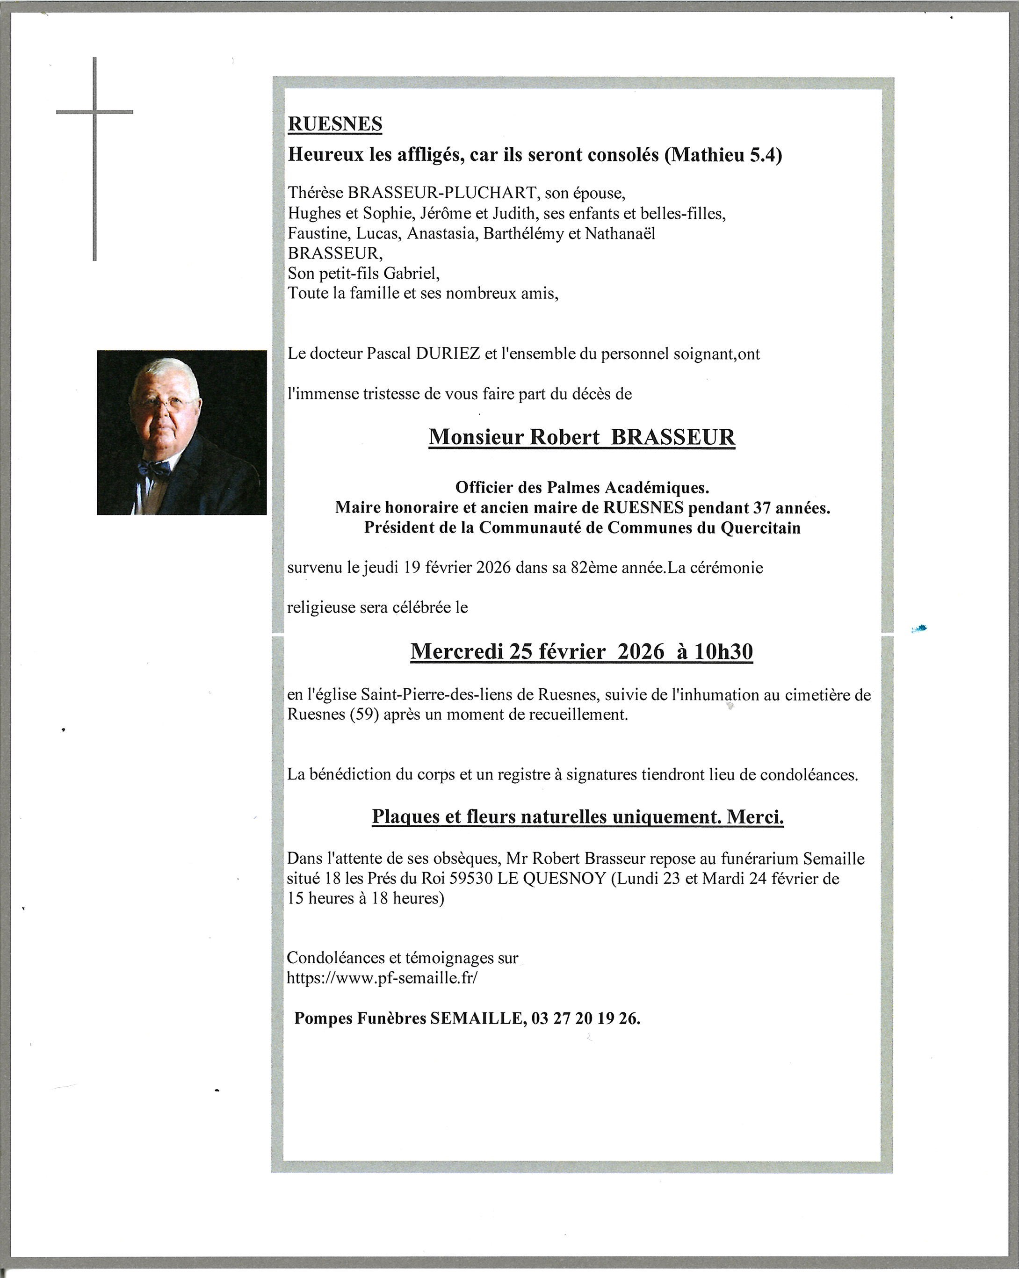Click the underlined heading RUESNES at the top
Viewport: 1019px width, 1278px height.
(335, 124)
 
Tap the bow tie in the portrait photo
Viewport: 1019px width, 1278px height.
(153, 469)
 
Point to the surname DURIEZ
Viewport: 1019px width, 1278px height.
(448, 354)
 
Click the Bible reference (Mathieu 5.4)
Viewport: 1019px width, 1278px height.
(723, 155)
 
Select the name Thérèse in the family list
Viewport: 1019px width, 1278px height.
(315, 193)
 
